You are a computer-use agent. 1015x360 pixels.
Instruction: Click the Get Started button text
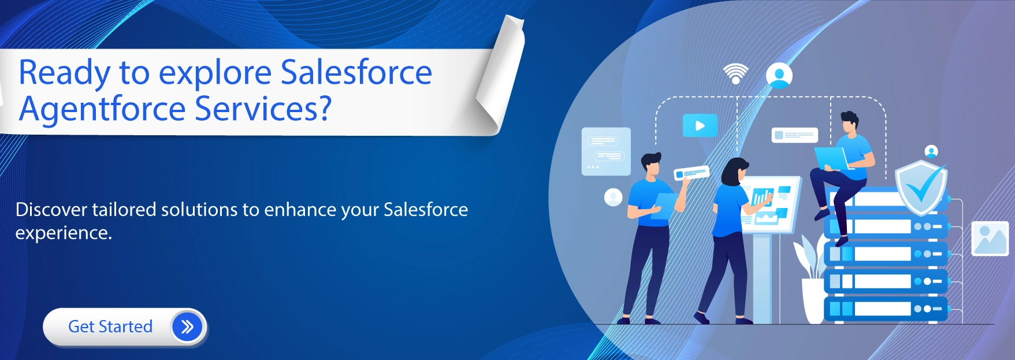click(x=110, y=326)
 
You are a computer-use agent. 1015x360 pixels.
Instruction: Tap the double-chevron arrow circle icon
click(x=187, y=327)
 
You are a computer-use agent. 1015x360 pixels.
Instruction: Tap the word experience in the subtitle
click(x=63, y=233)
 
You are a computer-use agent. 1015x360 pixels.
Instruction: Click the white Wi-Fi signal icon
click(x=735, y=74)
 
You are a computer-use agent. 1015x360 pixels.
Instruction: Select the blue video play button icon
click(x=700, y=125)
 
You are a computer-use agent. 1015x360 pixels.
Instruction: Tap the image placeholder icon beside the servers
click(x=990, y=238)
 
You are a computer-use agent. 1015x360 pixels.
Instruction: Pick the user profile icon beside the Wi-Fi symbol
click(x=779, y=76)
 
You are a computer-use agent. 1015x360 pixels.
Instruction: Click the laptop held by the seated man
click(x=831, y=158)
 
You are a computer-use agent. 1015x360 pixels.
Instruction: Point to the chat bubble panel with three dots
click(x=605, y=151)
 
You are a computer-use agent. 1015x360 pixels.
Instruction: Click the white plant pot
click(x=813, y=300)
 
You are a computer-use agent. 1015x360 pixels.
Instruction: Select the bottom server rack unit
click(x=886, y=309)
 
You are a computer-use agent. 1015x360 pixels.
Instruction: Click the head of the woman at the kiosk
click(x=734, y=172)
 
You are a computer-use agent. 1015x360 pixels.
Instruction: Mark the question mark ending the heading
click(x=324, y=108)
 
